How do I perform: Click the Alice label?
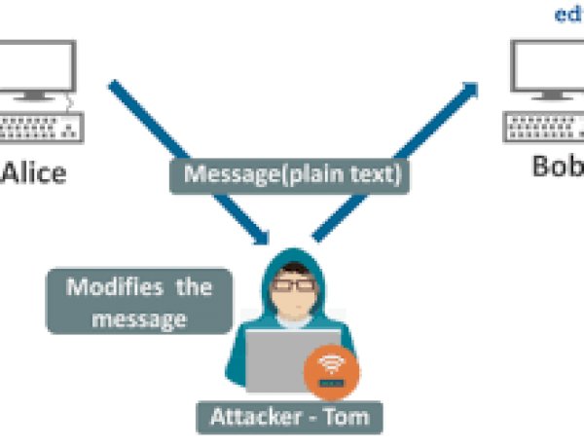pos(34,174)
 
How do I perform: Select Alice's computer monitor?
pos(39,68)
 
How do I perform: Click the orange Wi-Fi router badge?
pos(330,376)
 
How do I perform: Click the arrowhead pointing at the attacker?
pos(260,237)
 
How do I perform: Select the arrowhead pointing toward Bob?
pos(471,89)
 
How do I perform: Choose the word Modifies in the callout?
pos(103,287)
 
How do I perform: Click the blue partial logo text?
pos(568,15)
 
